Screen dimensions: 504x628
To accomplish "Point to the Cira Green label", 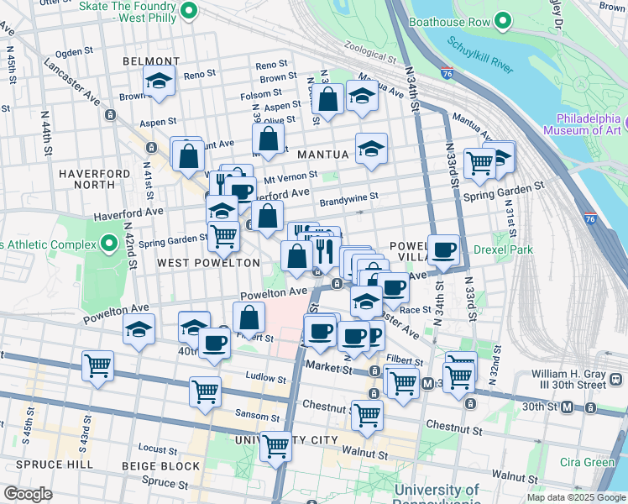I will coord(587,462).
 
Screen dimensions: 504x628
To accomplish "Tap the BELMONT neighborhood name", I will coord(151,61).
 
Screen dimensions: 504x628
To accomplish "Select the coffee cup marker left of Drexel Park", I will coord(443,249).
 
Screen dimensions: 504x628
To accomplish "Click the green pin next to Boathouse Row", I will coord(504,20).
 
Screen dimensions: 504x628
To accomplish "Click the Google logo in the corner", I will coord(28,494).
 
